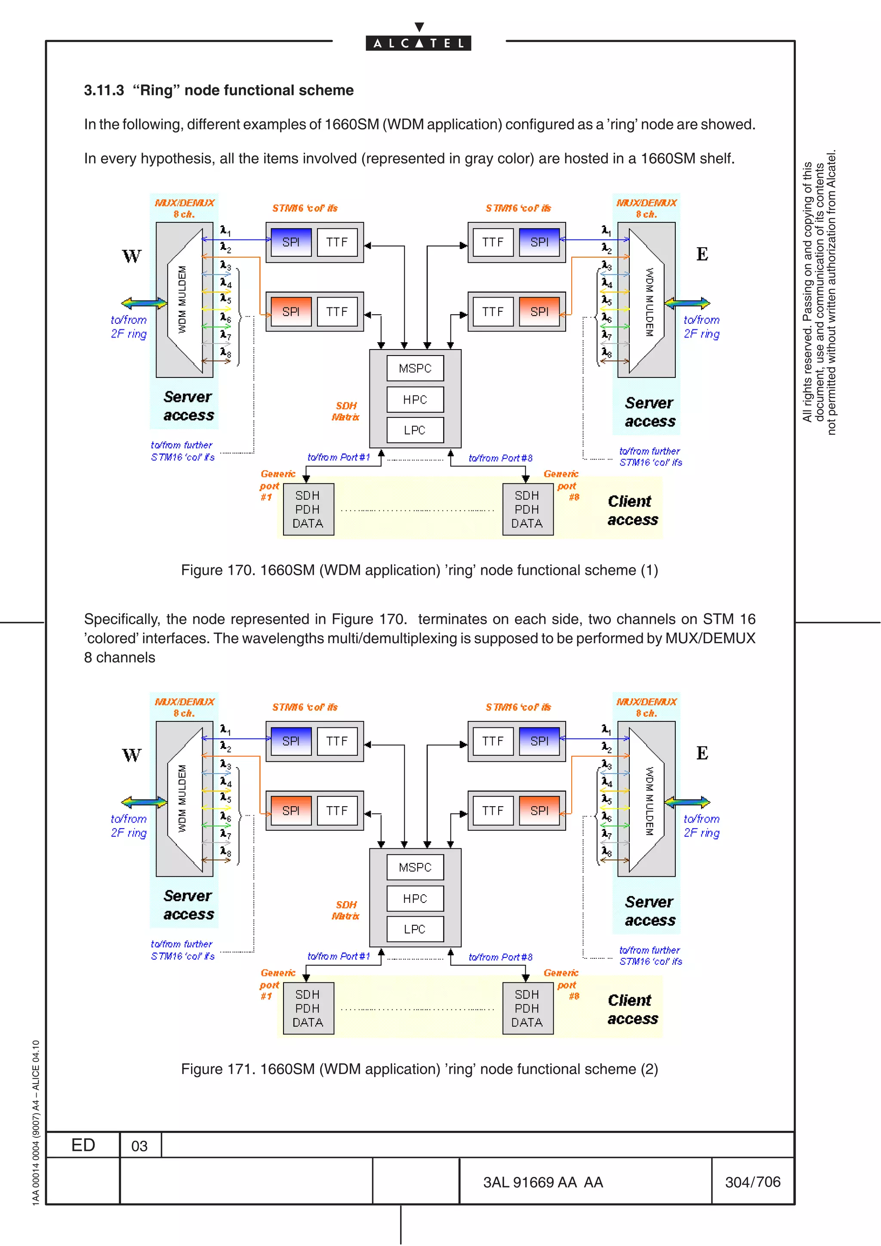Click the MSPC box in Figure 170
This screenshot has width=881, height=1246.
click(415, 368)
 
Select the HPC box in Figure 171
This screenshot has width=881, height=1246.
click(415, 899)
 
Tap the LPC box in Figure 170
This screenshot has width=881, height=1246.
click(415, 430)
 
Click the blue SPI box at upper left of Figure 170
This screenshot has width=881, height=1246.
click(290, 242)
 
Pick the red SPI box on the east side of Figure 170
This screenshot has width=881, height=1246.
click(539, 311)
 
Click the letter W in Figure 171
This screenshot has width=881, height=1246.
click(131, 755)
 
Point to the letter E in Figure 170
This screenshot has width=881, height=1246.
click(702, 254)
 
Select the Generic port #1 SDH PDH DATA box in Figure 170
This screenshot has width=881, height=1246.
click(308, 509)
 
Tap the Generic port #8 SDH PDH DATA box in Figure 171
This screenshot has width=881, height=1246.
click(527, 1008)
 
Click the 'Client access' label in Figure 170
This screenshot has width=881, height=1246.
click(632, 510)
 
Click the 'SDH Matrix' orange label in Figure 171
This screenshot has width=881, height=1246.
click(346, 910)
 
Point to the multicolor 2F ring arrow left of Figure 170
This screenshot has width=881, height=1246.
click(144, 303)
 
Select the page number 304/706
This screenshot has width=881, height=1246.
click(752, 1182)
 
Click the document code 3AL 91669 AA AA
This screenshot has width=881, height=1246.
click(543, 1182)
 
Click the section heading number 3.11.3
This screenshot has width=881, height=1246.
click(104, 90)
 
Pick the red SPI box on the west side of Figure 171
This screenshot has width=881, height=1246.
click(290, 811)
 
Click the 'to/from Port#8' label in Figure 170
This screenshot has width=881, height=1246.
click(500, 458)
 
